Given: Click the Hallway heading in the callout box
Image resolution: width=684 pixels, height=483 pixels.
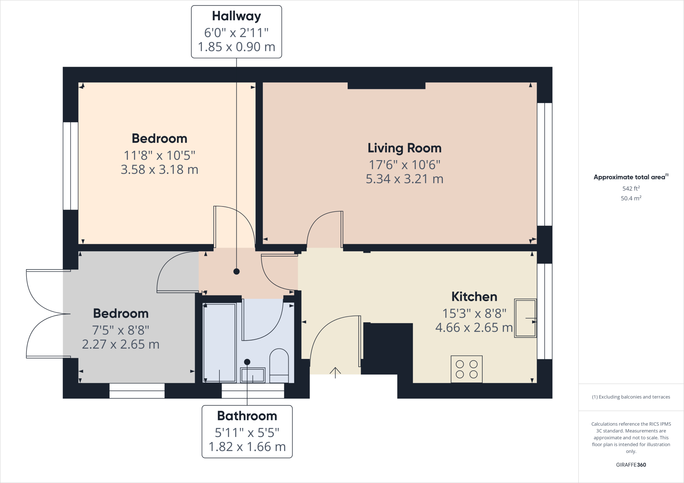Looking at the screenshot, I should point(236,16).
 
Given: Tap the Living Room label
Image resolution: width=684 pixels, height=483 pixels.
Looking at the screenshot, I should point(404,148).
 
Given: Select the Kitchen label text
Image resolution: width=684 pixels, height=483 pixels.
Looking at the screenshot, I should point(474,297).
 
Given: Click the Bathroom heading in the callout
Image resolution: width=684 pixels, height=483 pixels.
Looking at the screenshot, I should point(247,416).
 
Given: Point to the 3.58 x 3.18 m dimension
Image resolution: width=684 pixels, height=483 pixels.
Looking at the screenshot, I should point(159,170).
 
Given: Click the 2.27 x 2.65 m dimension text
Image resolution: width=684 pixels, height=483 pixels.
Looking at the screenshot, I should point(121,344).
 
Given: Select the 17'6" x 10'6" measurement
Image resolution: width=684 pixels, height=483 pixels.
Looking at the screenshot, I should point(404,165).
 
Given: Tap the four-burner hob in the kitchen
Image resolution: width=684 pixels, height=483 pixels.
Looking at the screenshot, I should point(467,369).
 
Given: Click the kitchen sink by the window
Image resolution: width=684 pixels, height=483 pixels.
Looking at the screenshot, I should point(525,318).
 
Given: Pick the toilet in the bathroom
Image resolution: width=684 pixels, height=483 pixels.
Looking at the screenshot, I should point(279,365).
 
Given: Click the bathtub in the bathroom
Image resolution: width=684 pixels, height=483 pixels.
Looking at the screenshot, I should point(219,342).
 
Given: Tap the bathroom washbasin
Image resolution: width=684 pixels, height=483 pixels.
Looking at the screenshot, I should point(253,375).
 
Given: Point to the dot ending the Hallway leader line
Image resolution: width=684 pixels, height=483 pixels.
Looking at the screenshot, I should point(236,272).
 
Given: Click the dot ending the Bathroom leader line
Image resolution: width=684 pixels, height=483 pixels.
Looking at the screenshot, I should point(247,362).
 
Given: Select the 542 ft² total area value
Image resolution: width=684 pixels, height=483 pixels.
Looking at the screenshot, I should point(631,188).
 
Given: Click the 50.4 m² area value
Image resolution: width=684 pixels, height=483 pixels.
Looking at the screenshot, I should point(631,198).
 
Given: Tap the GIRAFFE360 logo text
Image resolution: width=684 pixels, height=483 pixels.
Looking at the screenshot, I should point(631,465).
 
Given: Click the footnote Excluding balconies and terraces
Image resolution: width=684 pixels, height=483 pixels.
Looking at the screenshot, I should point(631,397).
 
